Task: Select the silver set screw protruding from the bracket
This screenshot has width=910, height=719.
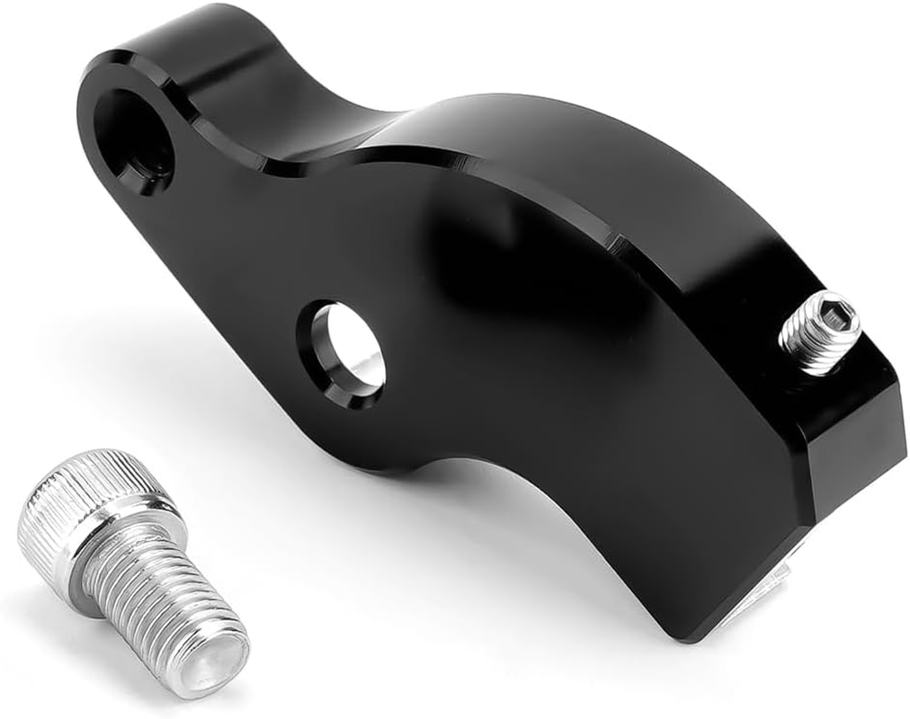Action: coord(819,332)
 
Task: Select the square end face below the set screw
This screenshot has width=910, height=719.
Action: coord(854,440)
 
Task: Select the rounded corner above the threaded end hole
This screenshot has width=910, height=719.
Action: coord(117,67)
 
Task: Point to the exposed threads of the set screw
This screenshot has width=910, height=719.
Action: coord(805,346)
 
